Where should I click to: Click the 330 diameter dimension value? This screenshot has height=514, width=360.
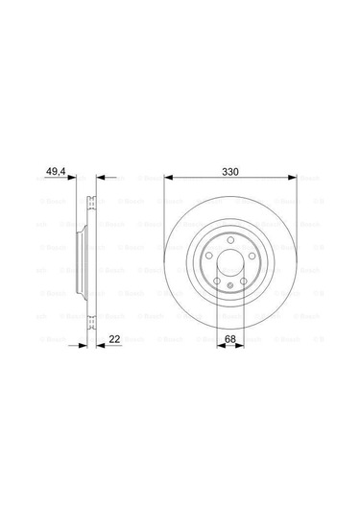coord(228,173)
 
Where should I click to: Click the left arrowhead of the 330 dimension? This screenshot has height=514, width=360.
coord(167,179)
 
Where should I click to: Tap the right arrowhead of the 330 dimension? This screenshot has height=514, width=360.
coord(289,179)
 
